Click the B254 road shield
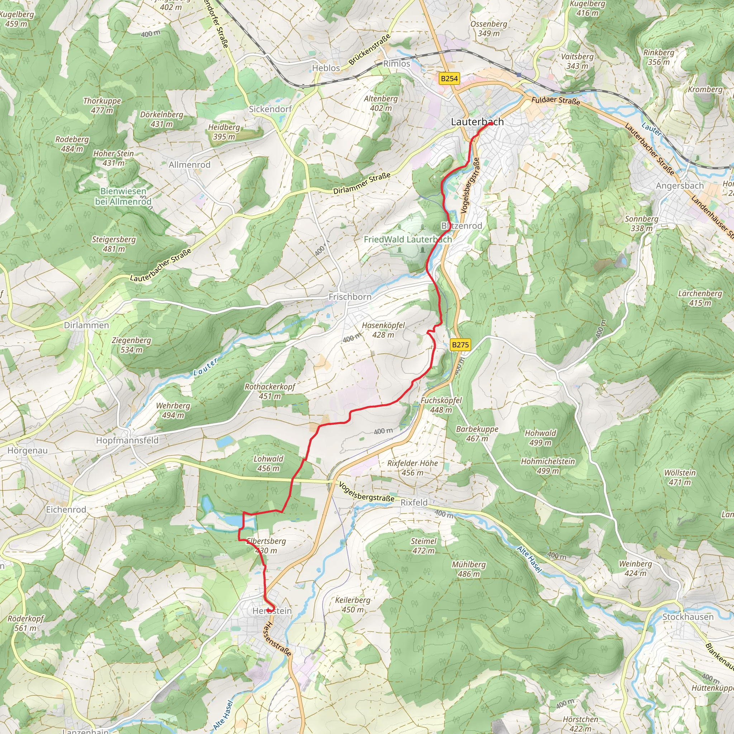coord(449,78)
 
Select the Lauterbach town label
coord(477,122)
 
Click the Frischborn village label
coord(350,297)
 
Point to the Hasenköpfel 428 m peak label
coord(383,330)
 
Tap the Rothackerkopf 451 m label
coord(270,391)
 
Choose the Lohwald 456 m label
coord(268,463)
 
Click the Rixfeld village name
coord(414,502)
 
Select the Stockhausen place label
coord(688,616)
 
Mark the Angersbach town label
coord(680,186)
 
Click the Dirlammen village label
coord(86,325)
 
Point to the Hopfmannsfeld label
coord(127,440)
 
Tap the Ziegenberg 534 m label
coord(132,345)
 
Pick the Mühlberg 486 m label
coord(468,569)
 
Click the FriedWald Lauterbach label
coord(407,239)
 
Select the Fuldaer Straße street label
coord(556,101)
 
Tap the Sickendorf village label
coord(270,109)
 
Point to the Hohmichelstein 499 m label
coord(548,466)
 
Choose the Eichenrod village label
coord(66,510)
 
